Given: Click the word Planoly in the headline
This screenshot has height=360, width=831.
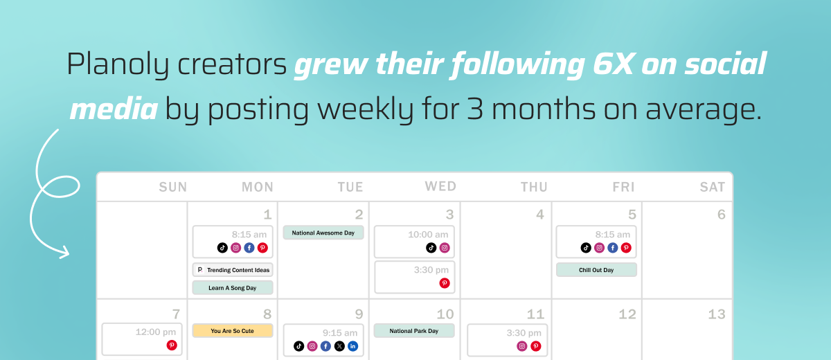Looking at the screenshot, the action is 117,64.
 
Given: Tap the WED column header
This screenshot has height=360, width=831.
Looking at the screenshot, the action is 440,186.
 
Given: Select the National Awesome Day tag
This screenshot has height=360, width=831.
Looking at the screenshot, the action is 323,233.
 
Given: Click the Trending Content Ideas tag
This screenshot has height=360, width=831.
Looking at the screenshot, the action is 233,270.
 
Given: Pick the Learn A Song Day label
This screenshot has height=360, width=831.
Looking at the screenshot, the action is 233,288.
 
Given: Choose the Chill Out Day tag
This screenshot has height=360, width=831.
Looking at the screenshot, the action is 596,270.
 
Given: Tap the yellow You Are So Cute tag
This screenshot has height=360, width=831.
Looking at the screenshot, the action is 233,331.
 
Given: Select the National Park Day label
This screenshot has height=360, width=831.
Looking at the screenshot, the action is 414,331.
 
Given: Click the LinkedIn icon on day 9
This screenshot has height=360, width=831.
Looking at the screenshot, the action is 352,346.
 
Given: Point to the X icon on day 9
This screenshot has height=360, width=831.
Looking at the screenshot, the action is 339,346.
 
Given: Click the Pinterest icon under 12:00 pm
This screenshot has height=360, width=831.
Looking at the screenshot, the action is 172,345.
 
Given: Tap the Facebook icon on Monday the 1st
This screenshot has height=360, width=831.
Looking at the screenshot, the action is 249,248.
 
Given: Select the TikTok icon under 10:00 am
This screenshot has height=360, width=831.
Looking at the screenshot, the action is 431,248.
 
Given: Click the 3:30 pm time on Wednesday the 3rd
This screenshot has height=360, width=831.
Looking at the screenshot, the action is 431,270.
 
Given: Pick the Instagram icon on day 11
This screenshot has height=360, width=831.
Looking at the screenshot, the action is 522,346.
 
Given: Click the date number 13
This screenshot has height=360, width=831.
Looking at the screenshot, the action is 716,314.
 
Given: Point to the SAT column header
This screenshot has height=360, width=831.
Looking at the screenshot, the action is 713,187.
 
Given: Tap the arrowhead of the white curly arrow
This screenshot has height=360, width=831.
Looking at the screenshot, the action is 65,253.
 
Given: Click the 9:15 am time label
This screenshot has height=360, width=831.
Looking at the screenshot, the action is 340,332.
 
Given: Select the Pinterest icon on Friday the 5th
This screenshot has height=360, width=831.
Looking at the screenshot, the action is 626,248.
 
